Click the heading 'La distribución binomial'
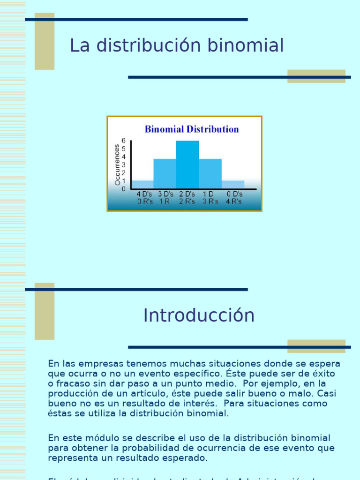pyautogui.click(x=177, y=46)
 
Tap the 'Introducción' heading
pyautogui.click(x=199, y=315)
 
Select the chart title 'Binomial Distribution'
pyautogui.click(x=192, y=129)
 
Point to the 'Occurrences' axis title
pyautogui.click(x=118, y=165)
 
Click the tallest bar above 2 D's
pyautogui.click(x=187, y=165)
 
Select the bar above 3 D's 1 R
pyautogui.click(x=165, y=173)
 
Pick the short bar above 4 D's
pyautogui.click(x=142, y=185)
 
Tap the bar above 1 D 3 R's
pyautogui.click(x=210, y=173)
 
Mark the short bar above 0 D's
pyautogui.click(x=233, y=185)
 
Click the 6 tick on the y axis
pyautogui.click(x=124, y=140)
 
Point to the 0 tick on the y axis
pyautogui.click(x=124, y=189)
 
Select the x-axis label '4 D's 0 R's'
pyautogui.click(x=145, y=198)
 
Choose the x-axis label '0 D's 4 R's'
pyautogui.click(x=234, y=198)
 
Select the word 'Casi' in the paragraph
pyautogui.click(x=327, y=393)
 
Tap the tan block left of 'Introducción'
pyautogui.click(x=45, y=311)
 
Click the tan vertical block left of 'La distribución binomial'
pyautogui.click(x=45, y=41)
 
